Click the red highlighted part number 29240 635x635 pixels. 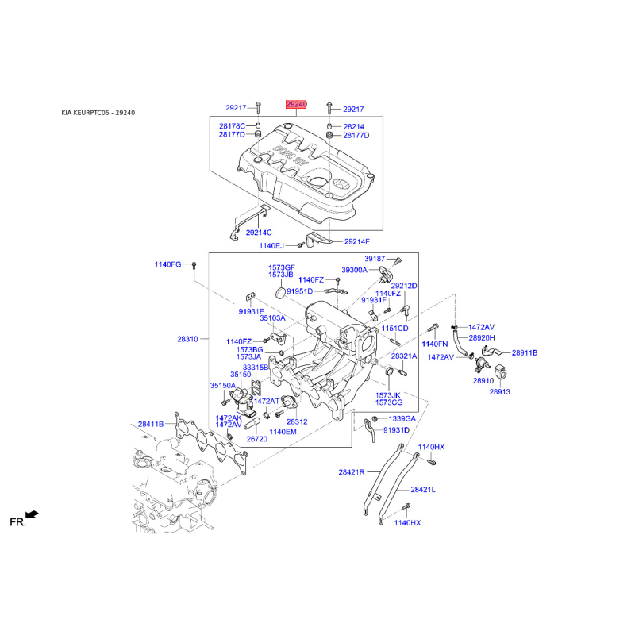296,105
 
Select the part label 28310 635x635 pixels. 187,339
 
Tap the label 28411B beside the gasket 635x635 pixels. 151,424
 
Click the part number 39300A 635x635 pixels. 354,270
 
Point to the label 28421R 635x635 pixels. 352,471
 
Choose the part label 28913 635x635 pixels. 500,391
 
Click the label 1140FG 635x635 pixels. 167,264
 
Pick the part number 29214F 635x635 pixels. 356,242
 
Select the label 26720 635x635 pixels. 256,439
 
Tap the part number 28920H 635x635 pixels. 482,338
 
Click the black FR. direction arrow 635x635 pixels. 32,514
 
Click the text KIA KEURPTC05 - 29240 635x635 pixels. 98,113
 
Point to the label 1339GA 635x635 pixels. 402,418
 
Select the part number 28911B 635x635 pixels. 525,352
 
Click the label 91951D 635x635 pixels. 300,291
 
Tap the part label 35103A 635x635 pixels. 272,318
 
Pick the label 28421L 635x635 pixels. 423,490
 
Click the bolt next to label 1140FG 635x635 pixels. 194,266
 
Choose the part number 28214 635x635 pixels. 353,127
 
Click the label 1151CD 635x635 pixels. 394,329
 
